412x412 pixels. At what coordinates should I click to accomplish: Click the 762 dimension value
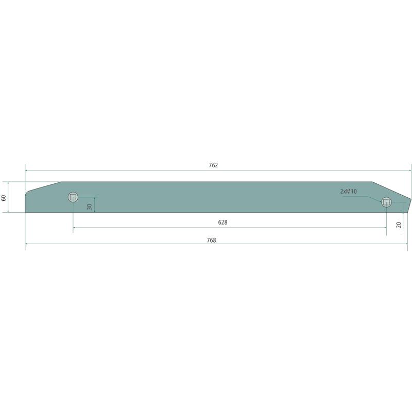click(213, 165)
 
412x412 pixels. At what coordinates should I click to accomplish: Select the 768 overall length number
click(211, 240)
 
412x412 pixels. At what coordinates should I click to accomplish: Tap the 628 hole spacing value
click(222, 222)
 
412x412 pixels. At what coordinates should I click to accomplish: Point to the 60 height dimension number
click(4, 198)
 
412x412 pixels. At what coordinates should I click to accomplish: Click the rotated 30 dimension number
click(90, 207)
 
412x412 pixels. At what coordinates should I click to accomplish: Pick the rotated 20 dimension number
click(399, 225)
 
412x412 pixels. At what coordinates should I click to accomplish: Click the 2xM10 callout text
click(349, 191)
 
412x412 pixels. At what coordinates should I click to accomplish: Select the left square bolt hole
click(73, 197)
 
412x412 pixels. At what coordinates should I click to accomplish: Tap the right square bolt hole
click(386, 202)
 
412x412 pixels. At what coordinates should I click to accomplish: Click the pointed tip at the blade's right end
click(411, 199)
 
